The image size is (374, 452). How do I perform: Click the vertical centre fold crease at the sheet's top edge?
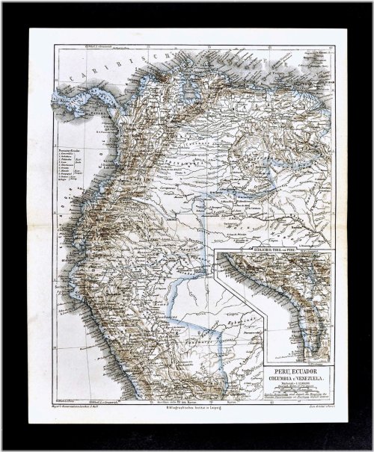point(186,31)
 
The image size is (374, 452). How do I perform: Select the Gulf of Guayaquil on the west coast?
point(67,224)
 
